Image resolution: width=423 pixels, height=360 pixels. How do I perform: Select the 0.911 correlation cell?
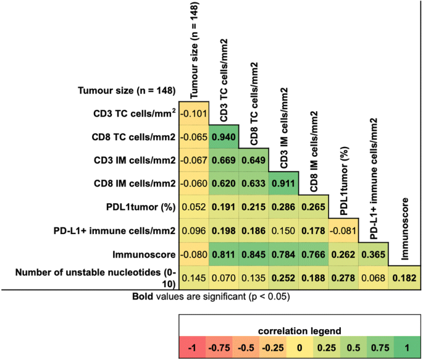[x=283, y=184]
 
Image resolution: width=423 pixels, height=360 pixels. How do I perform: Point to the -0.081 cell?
[x=343, y=230]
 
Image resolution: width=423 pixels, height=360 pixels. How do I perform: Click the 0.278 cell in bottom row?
[x=343, y=277]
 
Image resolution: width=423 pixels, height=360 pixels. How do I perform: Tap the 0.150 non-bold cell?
[x=283, y=230]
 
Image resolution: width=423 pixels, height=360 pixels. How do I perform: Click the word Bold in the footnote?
[x=142, y=297]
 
